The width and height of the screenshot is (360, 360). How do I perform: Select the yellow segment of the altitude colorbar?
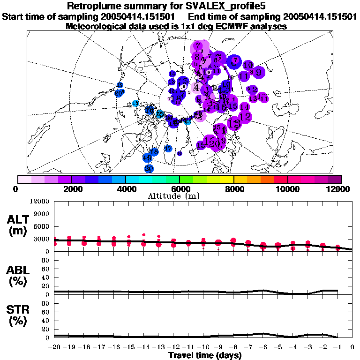(x=227, y=179)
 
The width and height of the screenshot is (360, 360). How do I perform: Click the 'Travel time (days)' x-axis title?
(x=205, y=355)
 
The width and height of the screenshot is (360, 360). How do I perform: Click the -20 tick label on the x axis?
(x=55, y=347)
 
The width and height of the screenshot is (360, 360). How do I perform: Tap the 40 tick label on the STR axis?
(x=45, y=320)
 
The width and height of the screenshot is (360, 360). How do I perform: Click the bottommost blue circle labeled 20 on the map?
(x=149, y=168)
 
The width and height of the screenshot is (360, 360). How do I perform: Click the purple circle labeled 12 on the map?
(x=245, y=117)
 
